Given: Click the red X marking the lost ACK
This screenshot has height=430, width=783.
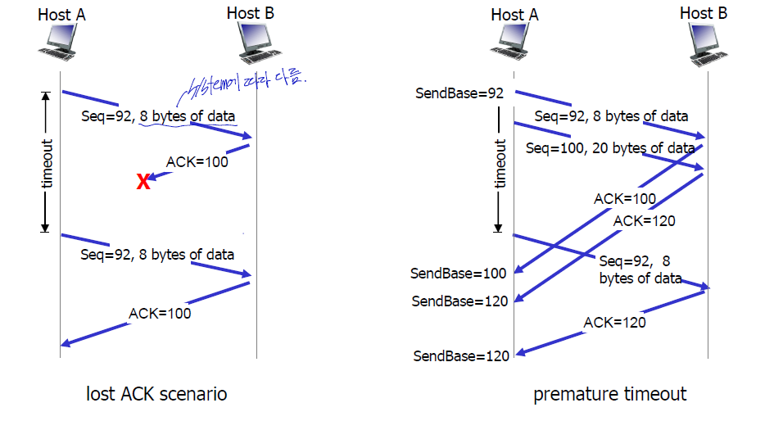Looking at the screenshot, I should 143,182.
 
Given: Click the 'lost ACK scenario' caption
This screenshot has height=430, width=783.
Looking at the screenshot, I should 156,394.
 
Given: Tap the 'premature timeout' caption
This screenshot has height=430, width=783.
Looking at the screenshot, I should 610,394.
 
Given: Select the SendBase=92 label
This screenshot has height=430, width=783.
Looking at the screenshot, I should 459,93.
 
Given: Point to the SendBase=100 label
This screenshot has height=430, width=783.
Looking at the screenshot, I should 459,272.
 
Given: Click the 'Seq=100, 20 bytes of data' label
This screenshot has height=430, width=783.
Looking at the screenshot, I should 610,148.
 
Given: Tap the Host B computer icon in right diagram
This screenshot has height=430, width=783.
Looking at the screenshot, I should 704,43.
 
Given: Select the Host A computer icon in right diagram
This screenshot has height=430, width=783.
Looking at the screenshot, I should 514,43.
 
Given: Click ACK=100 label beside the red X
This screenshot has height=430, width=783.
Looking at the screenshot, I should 197,161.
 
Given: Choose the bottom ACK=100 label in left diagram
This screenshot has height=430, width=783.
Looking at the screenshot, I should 160,314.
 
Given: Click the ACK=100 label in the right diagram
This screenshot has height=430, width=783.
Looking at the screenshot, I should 625,198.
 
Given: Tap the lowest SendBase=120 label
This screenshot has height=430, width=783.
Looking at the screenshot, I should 461,355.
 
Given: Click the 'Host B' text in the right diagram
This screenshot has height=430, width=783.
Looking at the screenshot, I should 704,13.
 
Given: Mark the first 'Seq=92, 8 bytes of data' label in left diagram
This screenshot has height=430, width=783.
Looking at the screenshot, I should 158,116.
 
